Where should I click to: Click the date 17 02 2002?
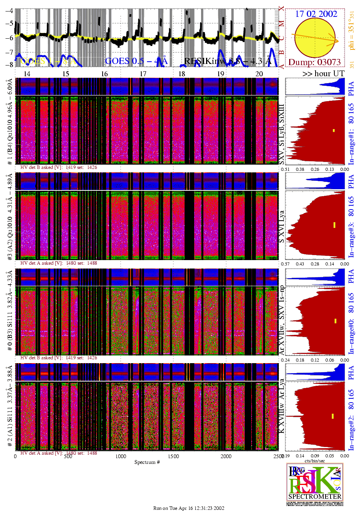316,14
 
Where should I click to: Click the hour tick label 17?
143,74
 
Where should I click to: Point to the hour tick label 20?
259,74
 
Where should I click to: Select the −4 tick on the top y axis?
8,11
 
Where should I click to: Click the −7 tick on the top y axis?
8,52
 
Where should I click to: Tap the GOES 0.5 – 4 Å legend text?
136,61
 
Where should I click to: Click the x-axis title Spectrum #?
147,462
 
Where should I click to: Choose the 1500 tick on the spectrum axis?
173,456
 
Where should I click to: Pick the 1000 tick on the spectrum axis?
121,456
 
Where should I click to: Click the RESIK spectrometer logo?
315,484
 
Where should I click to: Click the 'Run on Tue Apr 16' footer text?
189,508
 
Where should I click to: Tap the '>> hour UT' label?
323,74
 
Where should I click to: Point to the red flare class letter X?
281,8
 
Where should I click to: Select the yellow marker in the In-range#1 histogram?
334,131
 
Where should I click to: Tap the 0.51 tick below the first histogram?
285,169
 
